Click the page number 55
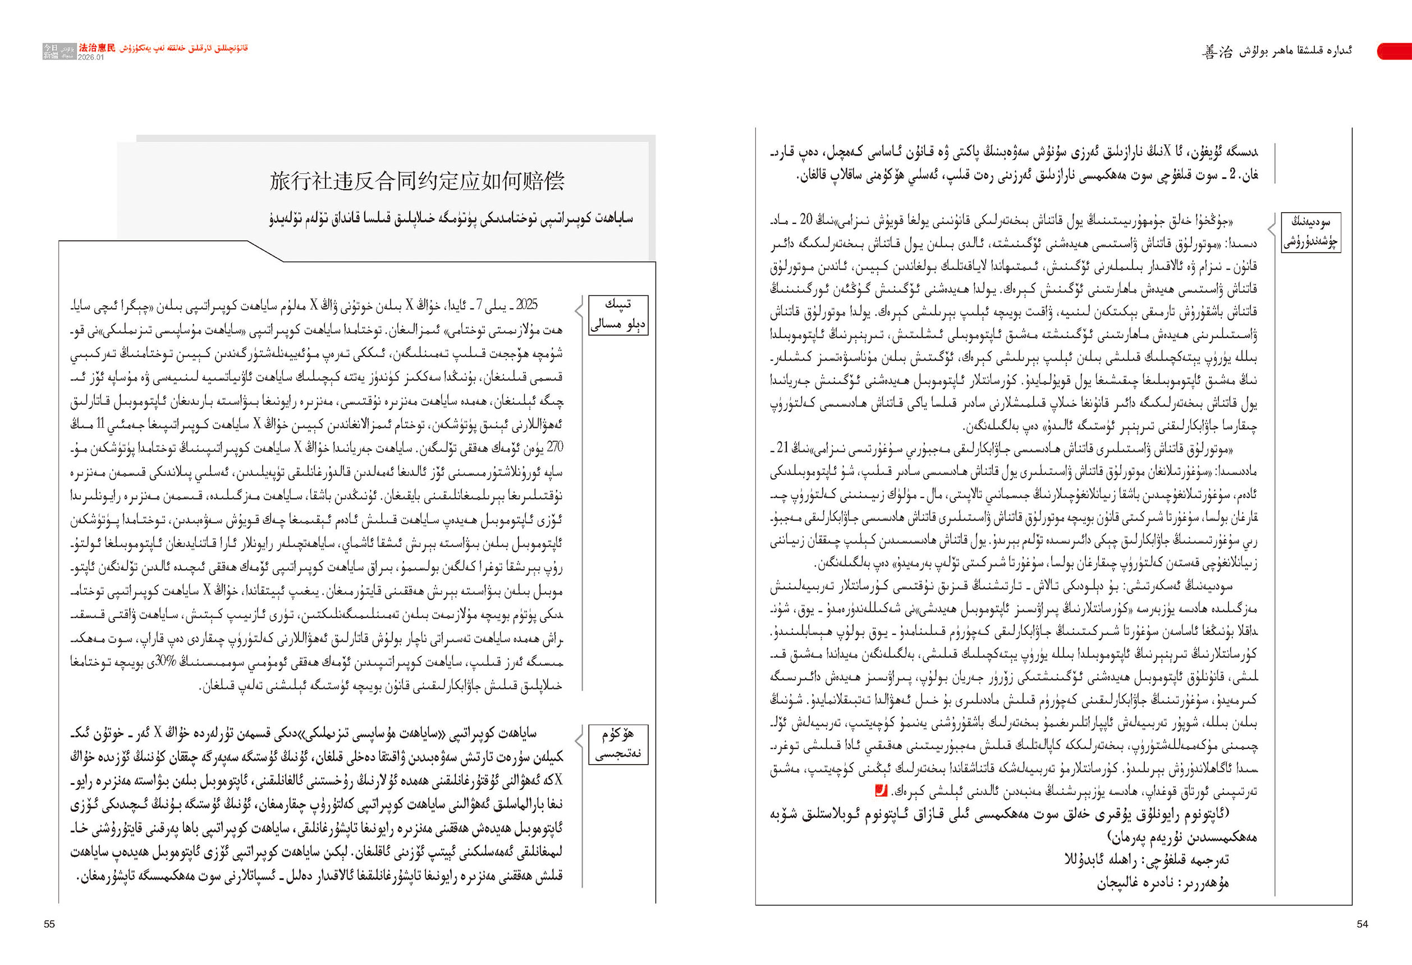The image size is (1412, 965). [49, 924]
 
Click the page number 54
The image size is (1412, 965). [1362, 924]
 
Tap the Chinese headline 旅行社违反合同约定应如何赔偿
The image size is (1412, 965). [418, 181]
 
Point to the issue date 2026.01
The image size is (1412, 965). [91, 57]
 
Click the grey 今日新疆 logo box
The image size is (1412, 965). [51, 52]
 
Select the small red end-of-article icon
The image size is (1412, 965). [881, 791]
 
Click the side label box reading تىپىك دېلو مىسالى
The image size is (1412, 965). [618, 315]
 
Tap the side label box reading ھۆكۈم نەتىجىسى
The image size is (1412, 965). [618, 744]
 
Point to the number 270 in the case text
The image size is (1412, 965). [554, 447]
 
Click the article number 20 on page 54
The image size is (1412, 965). [806, 219]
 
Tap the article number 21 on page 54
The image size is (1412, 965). [782, 449]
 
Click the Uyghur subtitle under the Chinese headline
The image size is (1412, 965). [451, 218]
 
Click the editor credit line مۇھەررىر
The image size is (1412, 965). [1162, 883]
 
